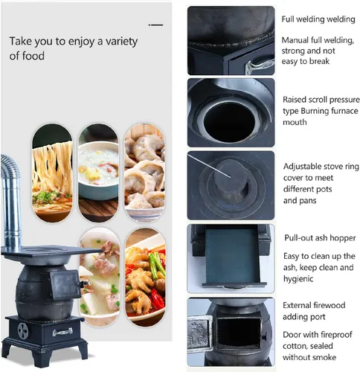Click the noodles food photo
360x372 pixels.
tap(52, 173)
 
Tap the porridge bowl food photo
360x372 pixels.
tap(98, 173)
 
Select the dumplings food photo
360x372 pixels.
tap(144, 173)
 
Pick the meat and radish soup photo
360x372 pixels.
tap(100, 277)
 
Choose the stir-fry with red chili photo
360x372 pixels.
tap(145, 277)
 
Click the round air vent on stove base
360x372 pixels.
tap(23, 331)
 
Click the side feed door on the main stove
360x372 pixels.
tap(65, 285)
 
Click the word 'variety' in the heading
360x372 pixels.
tap(121, 42)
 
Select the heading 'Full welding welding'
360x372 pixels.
tap(318, 19)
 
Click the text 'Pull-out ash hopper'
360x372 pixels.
tap(320, 238)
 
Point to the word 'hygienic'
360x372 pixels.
tap(298, 278)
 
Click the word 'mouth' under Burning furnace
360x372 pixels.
tap(295, 122)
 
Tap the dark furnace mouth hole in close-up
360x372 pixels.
tap(229, 121)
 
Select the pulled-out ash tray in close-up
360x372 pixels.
tap(233, 257)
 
